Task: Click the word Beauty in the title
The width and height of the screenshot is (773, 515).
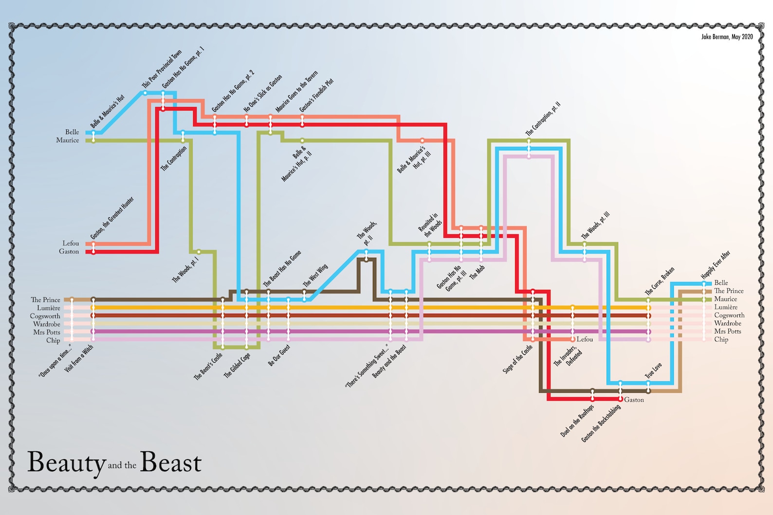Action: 66,462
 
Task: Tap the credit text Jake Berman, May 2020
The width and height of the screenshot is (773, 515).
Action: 727,36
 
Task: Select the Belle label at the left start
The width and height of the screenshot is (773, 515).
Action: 72,132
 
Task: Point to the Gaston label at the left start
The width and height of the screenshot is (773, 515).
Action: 69,251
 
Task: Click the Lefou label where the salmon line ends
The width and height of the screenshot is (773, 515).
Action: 585,339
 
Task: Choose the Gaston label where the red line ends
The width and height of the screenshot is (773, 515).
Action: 634,400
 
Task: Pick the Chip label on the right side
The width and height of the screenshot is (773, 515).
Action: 721,339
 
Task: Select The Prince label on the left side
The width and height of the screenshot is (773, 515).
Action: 45,300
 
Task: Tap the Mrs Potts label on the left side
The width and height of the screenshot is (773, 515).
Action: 47,332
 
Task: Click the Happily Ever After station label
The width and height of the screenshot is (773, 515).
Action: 716,265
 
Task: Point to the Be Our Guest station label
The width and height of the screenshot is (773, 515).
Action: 279,355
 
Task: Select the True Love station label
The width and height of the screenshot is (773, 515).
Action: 653,371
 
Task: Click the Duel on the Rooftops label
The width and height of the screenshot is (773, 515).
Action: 577,421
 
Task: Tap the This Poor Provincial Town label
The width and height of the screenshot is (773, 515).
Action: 162,69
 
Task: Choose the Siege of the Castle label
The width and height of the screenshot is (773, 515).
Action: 517,359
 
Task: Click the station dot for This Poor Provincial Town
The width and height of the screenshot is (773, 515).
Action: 145,92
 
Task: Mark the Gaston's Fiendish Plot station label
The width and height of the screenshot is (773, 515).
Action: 316,95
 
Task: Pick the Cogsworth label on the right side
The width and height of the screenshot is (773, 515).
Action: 729,315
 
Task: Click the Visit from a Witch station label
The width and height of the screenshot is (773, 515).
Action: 79,359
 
